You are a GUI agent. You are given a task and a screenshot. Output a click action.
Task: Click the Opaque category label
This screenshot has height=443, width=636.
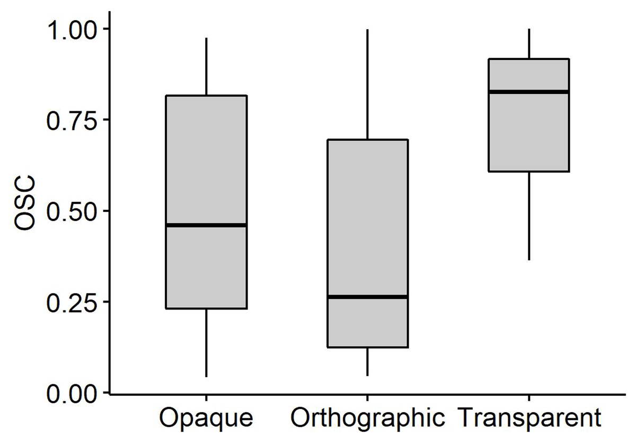[206, 419]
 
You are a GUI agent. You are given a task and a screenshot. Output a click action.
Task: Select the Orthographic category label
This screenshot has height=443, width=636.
[367, 419]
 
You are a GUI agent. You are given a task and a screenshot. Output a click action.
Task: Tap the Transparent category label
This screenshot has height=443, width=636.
[529, 419]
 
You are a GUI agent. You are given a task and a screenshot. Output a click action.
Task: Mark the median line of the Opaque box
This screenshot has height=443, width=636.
[206, 225]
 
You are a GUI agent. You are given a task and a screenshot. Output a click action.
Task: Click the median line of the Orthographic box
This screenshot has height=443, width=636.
[367, 297]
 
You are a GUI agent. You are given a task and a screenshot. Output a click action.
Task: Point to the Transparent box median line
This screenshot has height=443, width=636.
[529, 92]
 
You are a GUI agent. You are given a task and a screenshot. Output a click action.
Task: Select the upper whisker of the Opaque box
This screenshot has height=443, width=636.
[206, 66]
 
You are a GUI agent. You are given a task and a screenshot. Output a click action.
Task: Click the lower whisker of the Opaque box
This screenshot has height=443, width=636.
[206, 342]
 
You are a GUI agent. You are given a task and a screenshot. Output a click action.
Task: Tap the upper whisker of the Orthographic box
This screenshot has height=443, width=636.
[367, 85]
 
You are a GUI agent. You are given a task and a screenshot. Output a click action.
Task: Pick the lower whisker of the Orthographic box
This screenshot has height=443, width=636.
[367, 361]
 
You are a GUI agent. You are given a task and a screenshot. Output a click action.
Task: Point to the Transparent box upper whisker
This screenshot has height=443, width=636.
[529, 43]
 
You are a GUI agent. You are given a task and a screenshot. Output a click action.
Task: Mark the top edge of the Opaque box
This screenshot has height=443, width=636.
[206, 96]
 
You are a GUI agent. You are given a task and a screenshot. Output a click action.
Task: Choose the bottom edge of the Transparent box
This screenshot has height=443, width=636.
[529, 172]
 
